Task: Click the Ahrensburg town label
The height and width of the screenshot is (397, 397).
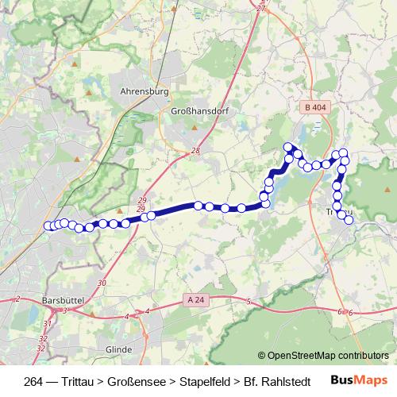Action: [144, 91]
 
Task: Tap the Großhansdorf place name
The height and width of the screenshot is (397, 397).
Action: [199, 112]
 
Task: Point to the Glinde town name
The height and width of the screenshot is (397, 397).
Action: [118, 349]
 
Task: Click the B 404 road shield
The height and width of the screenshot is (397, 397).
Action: [314, 106]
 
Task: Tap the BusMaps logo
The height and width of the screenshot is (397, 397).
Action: [364, 380]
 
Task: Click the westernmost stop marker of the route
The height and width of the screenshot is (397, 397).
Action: [48, 225]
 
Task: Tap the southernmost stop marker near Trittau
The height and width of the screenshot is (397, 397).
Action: [349, 220]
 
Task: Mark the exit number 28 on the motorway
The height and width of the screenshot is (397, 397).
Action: [195, 151]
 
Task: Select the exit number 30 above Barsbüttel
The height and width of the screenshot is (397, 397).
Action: [102, 283]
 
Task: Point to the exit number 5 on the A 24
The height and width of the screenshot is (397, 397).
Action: [249, 302]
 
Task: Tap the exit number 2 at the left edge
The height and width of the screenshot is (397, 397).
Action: [17, 299]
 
